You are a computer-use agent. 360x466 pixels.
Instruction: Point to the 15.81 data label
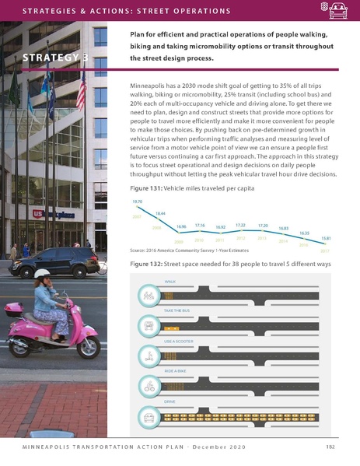(326, 237)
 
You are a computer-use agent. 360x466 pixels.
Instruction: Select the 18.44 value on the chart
(161, 212)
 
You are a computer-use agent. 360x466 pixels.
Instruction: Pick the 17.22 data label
(240, 224)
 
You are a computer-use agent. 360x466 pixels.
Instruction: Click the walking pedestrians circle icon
(148, 295)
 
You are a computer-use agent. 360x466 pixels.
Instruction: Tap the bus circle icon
(148, 324)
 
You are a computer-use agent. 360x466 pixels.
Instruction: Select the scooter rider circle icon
(148, 356)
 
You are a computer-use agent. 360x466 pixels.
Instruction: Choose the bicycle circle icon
(148, 387)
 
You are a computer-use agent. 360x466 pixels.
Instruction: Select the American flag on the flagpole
(80, 92)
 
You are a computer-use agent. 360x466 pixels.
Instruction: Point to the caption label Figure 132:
(139, 265)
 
